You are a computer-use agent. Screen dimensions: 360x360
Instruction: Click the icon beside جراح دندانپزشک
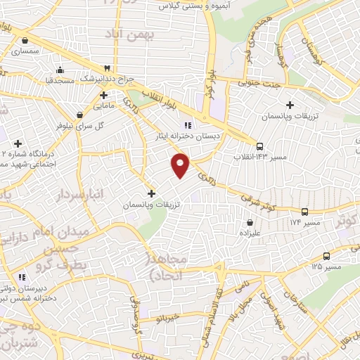coord(106,67)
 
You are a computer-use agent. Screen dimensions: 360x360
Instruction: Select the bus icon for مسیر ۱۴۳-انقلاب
coord(261,148)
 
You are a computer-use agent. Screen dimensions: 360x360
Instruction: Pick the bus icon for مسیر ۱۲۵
coord(326,257)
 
